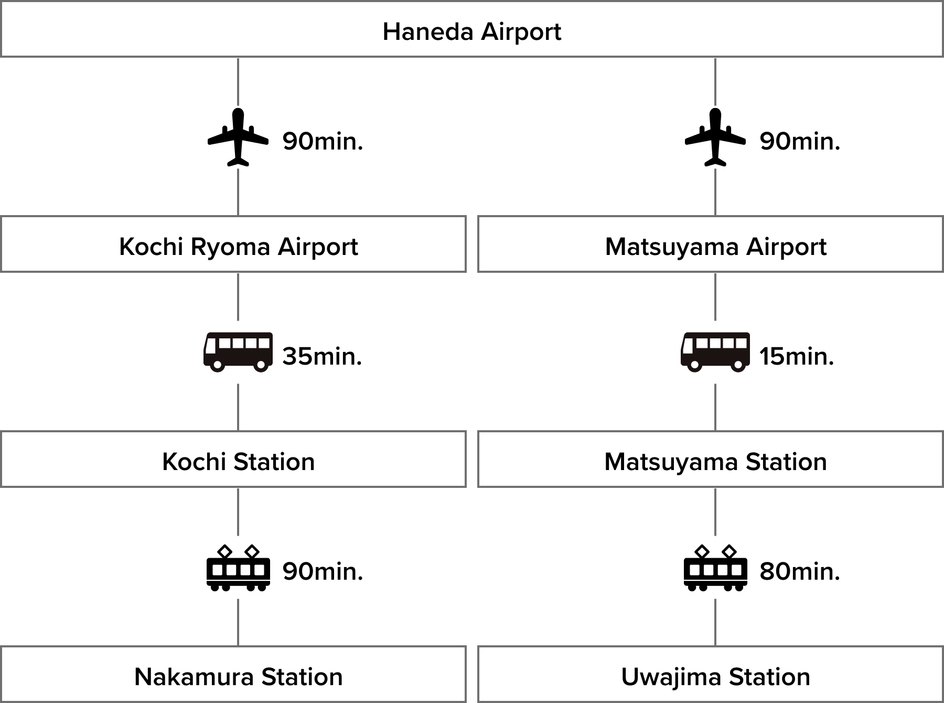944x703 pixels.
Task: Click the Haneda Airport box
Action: (471, 30)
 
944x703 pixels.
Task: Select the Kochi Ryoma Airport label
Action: (239, 246)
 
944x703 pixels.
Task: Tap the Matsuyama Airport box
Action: (715, 244)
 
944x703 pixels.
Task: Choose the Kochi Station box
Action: (233, 460)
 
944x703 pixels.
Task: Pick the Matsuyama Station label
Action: (715, 462)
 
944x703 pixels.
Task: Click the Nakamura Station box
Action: (233, 675)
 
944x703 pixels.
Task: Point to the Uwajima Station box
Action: (715, 675)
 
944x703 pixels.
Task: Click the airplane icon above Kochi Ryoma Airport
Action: (238, 137)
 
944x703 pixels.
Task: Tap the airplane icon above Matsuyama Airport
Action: (715, 137)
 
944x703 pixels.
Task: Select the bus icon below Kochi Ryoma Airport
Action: (238, 352)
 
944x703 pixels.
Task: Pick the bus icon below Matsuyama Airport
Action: (715, 352)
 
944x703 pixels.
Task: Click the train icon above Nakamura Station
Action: (238, 567)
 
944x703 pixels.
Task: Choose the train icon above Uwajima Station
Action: (715, 567)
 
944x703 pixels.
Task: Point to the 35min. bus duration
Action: (322, 356)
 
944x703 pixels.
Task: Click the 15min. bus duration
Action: (797, 356)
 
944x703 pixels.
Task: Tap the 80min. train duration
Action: (800, 571)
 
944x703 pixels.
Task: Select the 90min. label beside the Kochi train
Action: (323, 571)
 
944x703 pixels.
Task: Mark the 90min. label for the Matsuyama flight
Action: (800, 141)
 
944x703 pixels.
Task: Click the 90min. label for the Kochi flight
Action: (323, 141)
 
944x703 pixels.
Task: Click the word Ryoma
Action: (231, 247)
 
